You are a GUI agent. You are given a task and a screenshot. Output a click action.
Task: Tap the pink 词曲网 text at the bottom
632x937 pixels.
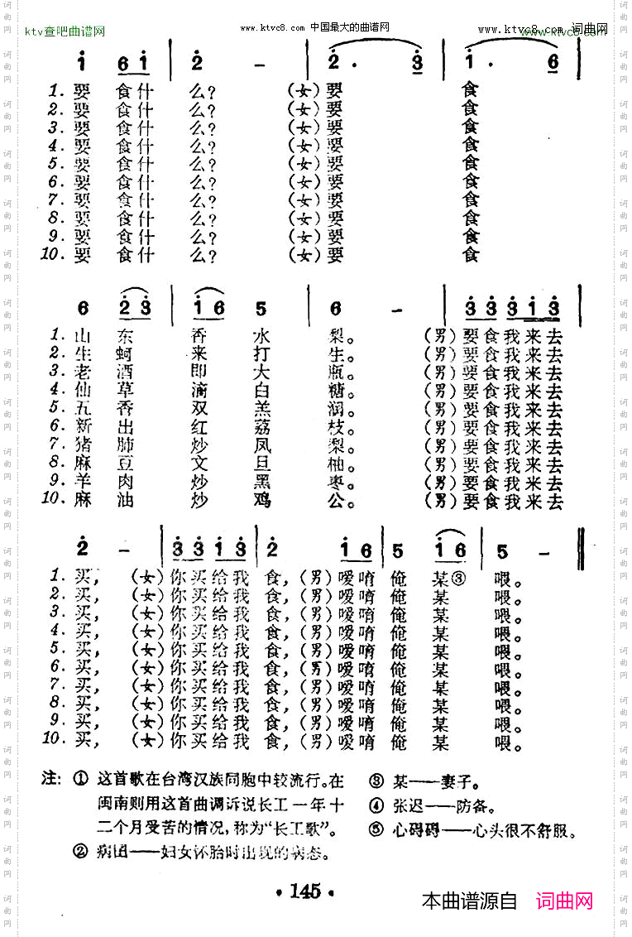(564, 901)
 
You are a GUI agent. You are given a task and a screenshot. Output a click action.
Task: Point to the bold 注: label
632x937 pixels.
(51, 780)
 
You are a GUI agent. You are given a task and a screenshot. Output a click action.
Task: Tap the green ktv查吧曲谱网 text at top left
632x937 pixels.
(65, 31)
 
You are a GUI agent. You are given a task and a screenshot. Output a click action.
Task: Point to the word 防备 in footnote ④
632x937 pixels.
(481, 805)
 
